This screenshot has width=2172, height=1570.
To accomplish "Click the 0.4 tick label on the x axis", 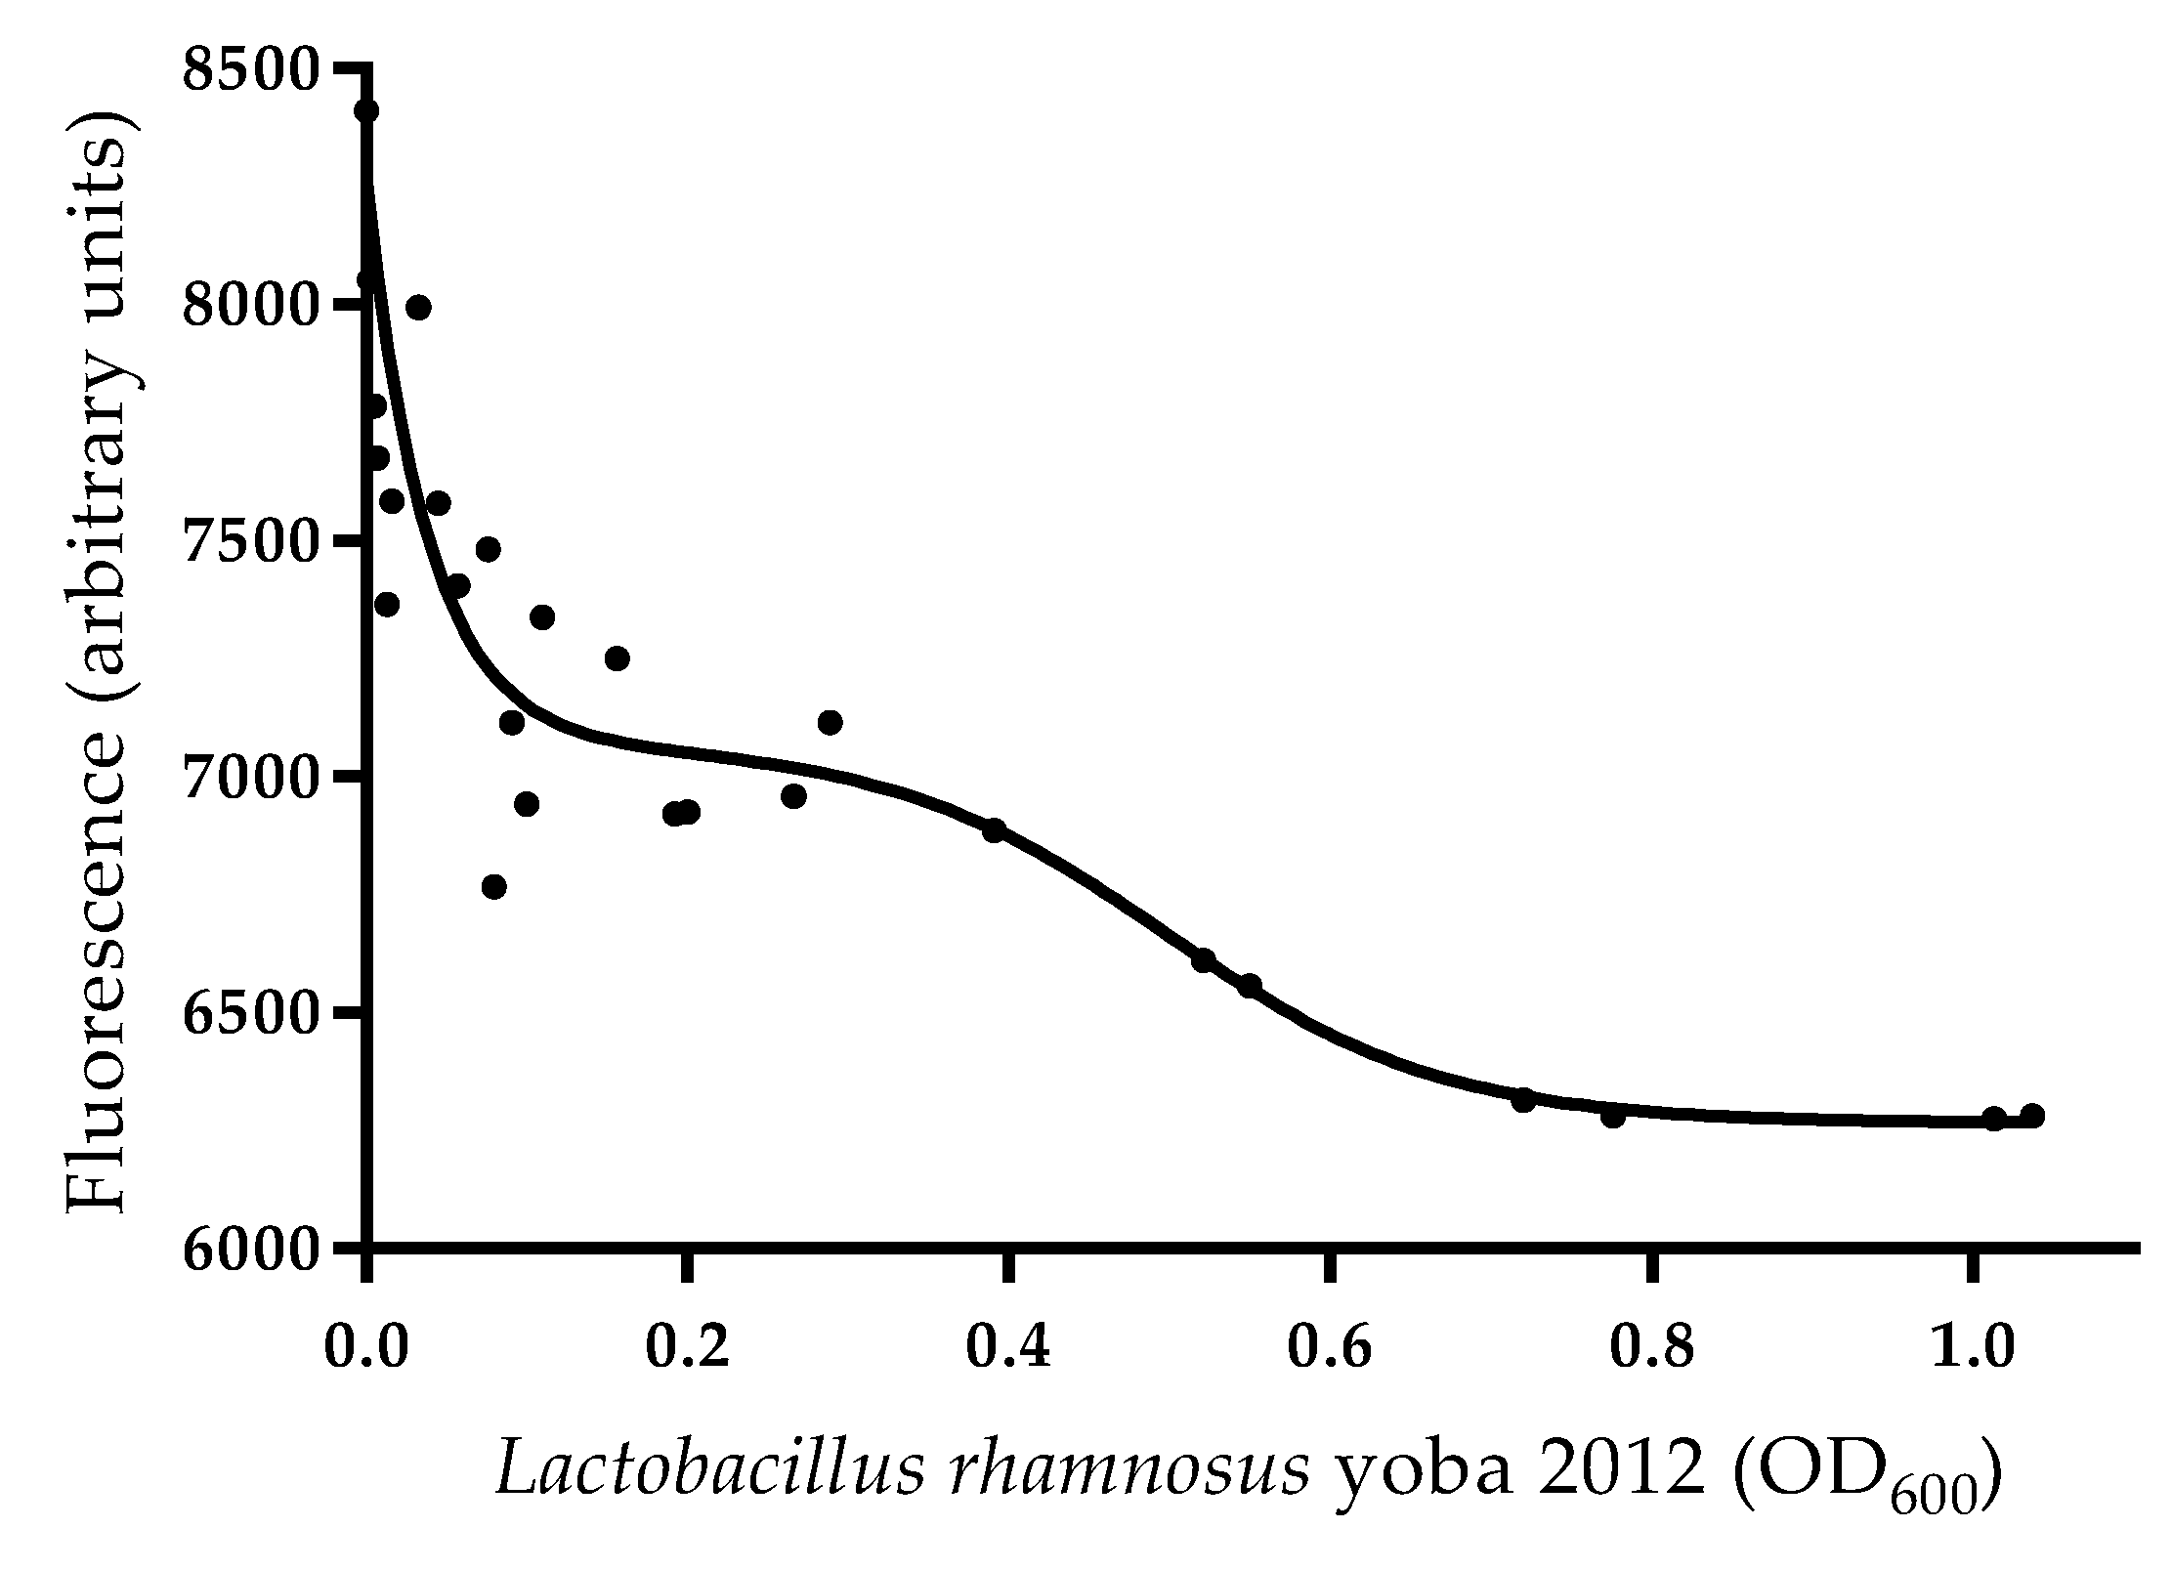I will [x=1008, y=1348].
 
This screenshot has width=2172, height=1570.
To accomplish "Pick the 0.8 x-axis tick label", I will [x=1650, y=1348].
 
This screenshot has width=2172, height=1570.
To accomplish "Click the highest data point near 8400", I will [x=366, y=110].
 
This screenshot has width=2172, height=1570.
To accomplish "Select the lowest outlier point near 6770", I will [x=493, y=886].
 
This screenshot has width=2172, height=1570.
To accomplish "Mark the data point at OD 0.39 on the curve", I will [x=994, y=830].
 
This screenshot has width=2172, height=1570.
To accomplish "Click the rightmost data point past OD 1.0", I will [x=2032, y=1116].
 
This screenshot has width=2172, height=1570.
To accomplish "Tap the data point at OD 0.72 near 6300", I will [x=1523, y=1100].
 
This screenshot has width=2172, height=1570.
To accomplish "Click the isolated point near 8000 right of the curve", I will [x=418, y=308].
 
